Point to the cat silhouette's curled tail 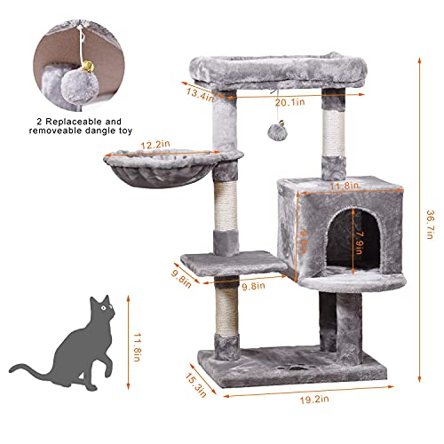[27, 368]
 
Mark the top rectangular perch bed [278, 71]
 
